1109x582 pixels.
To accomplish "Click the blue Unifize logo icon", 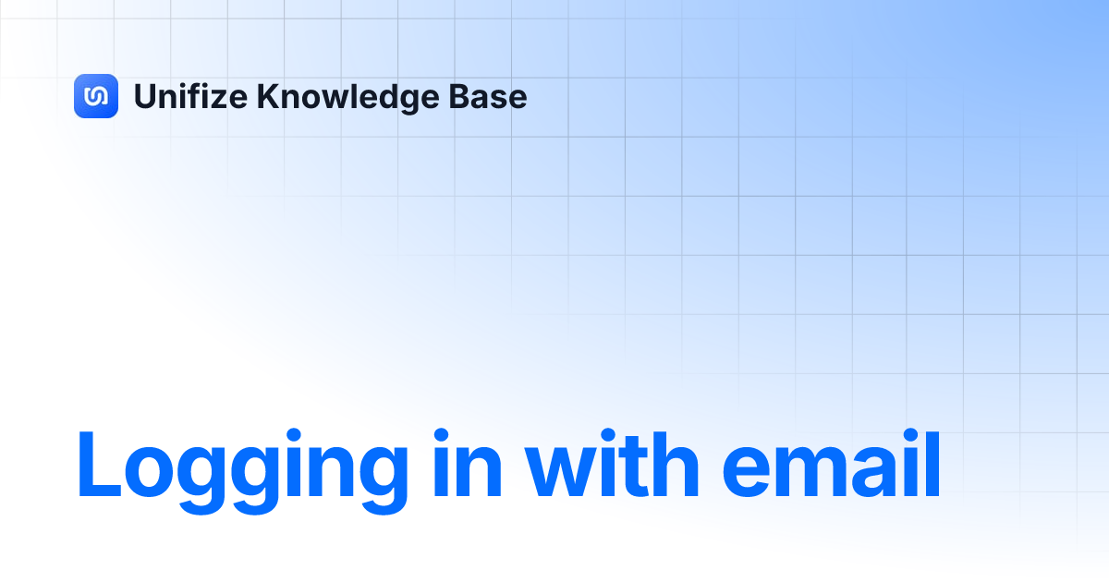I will pyautogui.click(x=96, y=96).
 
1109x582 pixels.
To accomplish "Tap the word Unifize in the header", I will pyautogui.click(x=190, y=96).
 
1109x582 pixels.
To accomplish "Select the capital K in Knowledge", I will pyautogui.click(x=267, y=96).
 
